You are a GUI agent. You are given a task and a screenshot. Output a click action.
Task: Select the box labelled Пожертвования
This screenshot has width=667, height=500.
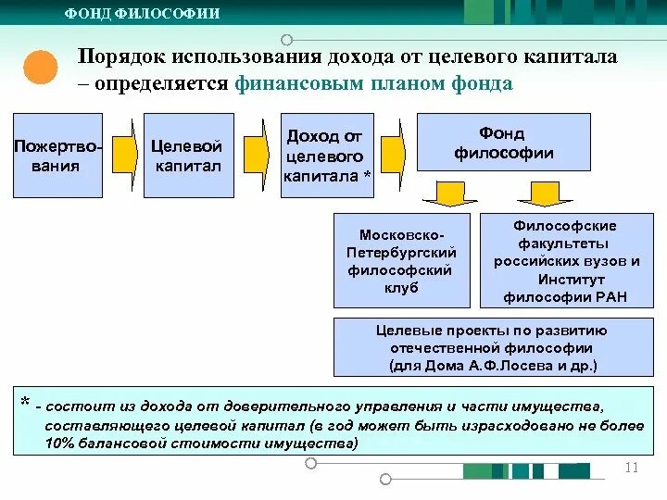pos(58,156)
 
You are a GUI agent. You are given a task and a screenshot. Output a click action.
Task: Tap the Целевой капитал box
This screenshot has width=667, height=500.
pos(186,156)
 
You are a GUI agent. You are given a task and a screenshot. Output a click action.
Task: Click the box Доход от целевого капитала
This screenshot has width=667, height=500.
pos(327,156)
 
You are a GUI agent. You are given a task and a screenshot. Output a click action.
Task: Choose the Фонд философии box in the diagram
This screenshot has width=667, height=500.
pos(503,142)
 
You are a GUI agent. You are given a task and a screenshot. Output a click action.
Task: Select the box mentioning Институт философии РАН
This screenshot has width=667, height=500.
pos(566,260)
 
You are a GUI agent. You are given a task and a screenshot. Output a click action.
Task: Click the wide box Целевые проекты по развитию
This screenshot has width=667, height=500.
pos(492,347)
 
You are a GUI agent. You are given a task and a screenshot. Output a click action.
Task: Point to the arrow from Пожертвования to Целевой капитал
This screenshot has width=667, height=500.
pos(122,156)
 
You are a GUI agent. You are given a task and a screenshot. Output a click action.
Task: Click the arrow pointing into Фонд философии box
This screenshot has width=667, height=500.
pos(395,148)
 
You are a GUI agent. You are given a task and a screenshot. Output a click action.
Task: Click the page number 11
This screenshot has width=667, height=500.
pos(633,467)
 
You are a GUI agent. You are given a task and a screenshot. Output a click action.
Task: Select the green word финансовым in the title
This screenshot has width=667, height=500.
pos(289,83)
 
